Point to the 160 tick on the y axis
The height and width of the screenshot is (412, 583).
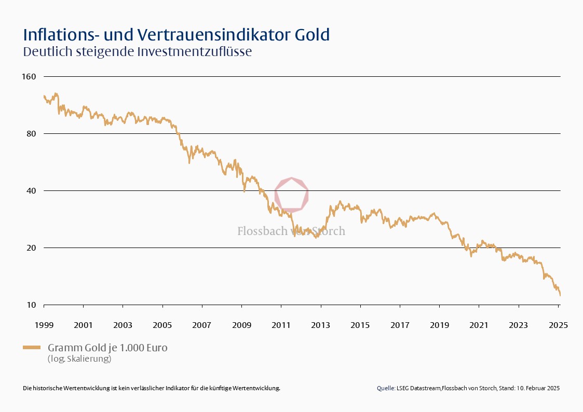(x=29, y=77)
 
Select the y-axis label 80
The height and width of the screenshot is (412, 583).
(x=31, y=134)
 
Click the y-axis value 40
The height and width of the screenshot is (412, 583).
(x=31, y=191)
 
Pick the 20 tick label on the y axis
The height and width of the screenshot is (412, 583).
(x=31, y=248)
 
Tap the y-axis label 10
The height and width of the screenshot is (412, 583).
(x=31, y=305)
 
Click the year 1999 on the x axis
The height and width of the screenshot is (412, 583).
(x=44, y=325)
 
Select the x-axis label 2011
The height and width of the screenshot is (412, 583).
(x=281, y=325)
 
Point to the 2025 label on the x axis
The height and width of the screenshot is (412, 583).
(x=558, y=325)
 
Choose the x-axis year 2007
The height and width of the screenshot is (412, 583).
(x=202, y=325)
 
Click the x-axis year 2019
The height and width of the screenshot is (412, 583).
(x=439, y=325)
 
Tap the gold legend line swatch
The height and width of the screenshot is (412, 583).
(x=33, y=348)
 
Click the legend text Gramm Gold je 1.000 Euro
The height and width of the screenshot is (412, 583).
(x=107, y=348)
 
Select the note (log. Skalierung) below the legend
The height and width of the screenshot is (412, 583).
(x=79, y=359)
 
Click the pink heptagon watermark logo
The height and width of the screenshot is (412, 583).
(x=292, y=195)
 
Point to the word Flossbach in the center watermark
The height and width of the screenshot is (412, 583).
(x=262, y=231)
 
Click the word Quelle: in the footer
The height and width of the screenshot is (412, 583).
(x=386, y=388)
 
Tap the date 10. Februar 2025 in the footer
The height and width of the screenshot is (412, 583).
(x=538, y=388)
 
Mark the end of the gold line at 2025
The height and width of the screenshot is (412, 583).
(x=560, y=295)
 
